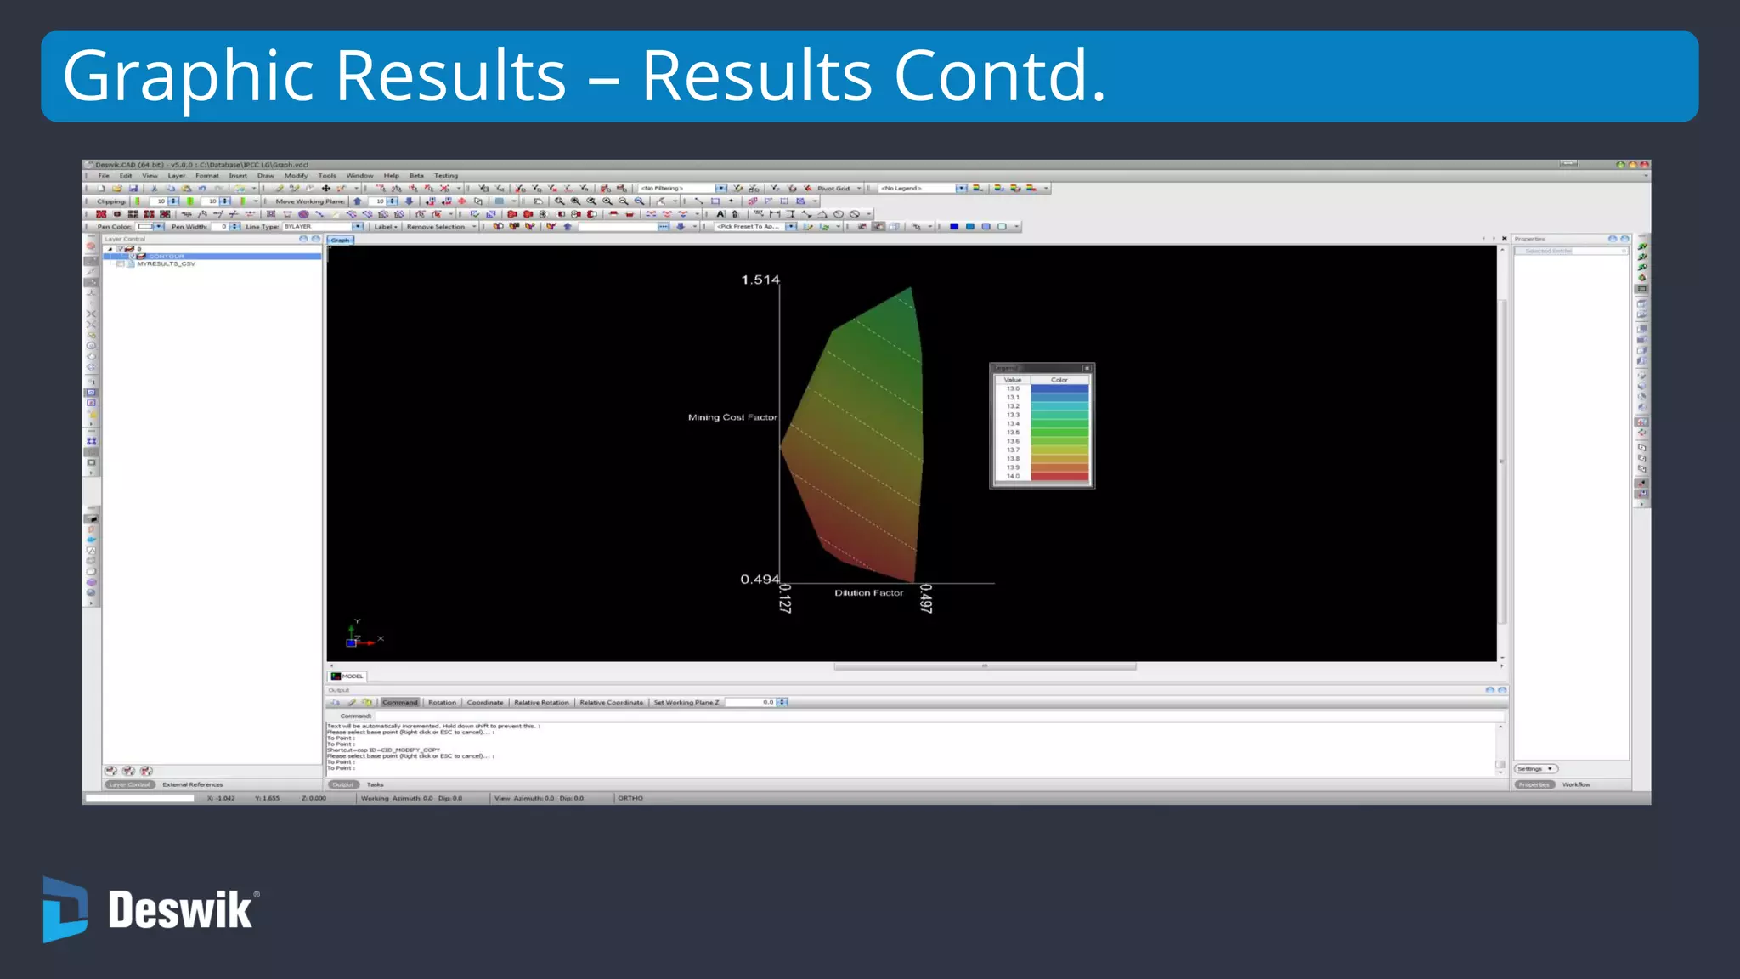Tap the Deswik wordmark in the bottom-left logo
180,910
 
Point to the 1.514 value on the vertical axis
760,280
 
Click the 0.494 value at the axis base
759,580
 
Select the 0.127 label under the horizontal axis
785,598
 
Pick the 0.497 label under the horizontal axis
926,598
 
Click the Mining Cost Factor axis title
732,417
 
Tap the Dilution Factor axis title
868,593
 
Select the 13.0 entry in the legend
1013,388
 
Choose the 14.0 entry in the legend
1013,476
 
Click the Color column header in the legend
1059,380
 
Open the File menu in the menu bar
104,176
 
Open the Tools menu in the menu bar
327,176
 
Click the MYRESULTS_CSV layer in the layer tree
166,264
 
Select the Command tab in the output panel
400,703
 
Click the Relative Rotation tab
541,703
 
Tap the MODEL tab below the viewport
351,676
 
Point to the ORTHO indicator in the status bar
630,799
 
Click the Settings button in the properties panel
1534,769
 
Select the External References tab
193,785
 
